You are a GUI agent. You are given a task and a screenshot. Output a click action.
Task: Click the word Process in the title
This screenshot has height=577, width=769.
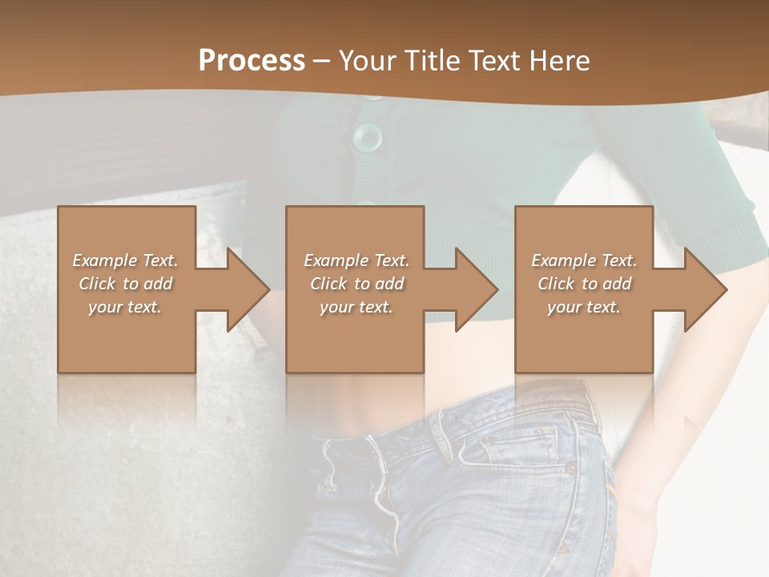point(252,60)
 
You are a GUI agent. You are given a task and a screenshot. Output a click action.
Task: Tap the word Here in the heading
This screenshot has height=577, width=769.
point(559,60)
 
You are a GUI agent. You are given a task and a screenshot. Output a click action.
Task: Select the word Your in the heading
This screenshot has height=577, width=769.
point(366,60)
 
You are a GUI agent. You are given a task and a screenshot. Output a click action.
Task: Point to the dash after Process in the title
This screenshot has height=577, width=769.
point(322,61)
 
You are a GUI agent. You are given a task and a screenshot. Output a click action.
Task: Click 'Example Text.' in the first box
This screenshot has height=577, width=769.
point(125,260)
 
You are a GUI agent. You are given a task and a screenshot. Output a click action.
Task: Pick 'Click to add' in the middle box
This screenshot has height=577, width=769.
point(356,284)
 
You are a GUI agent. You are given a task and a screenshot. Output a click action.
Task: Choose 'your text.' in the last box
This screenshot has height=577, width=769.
point(584,307)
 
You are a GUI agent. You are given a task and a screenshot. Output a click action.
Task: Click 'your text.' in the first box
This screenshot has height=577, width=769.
point(125,307)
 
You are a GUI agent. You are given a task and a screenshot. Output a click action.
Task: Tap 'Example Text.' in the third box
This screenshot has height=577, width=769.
point(584,260)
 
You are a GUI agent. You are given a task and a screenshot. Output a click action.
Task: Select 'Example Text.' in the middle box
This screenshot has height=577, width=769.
point(356,260)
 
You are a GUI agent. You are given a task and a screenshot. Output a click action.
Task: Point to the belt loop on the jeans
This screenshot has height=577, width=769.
point(441,433)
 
